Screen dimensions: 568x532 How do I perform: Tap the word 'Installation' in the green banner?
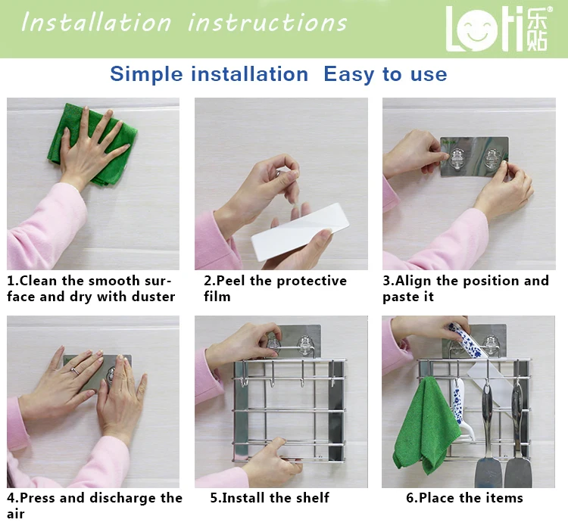pos(96,23)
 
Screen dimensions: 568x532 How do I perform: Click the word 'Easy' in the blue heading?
pos(349,75)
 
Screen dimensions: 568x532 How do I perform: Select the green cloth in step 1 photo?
pos(92,145)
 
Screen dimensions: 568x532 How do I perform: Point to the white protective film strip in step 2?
pos(300,232)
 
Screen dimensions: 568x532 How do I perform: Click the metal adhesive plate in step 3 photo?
pos(475,157)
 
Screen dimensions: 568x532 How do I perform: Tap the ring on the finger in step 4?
pos(75,371)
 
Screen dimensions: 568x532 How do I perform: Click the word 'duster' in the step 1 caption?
pos(153,297)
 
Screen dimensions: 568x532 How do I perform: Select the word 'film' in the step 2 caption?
pos(217,297)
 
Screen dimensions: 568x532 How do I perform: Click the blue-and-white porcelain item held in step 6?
pos(467,341)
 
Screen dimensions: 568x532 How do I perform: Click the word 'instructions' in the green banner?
pos(267,23)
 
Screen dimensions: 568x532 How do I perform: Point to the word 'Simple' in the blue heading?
pos(146,75)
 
